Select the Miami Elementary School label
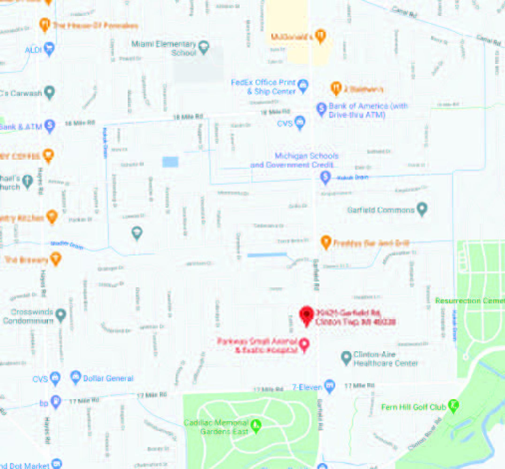coord(164,48)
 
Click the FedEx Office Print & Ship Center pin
coord(303,85)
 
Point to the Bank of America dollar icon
coord(321,109)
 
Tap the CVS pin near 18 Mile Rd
coord(300,122)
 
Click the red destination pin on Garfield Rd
coord(307,315)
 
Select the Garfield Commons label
coord(381,210)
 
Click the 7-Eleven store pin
coord(330,386)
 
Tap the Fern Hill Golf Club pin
coord(453,405)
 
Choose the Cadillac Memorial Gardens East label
coord(216,427)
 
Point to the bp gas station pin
coord(56,401)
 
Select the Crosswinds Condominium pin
coord(61,315)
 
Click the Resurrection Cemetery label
coord(470,301)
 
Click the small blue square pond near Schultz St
coord(170,162)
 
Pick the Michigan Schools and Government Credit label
coord(295,160)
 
